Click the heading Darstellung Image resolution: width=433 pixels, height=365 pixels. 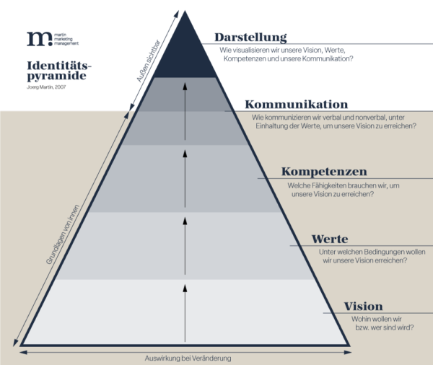[x=250, y=38]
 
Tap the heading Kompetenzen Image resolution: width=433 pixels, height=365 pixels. [x=324, y=172]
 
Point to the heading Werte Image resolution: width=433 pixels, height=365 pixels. [x=330, y=239]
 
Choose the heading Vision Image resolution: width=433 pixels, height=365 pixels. [x=363, y=306]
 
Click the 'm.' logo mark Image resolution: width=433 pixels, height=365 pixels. [x=35, y=39]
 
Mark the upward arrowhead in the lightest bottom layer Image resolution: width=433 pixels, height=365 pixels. [x=185, y=289]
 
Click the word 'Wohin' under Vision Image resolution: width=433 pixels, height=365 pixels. [x=362, y=318]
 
